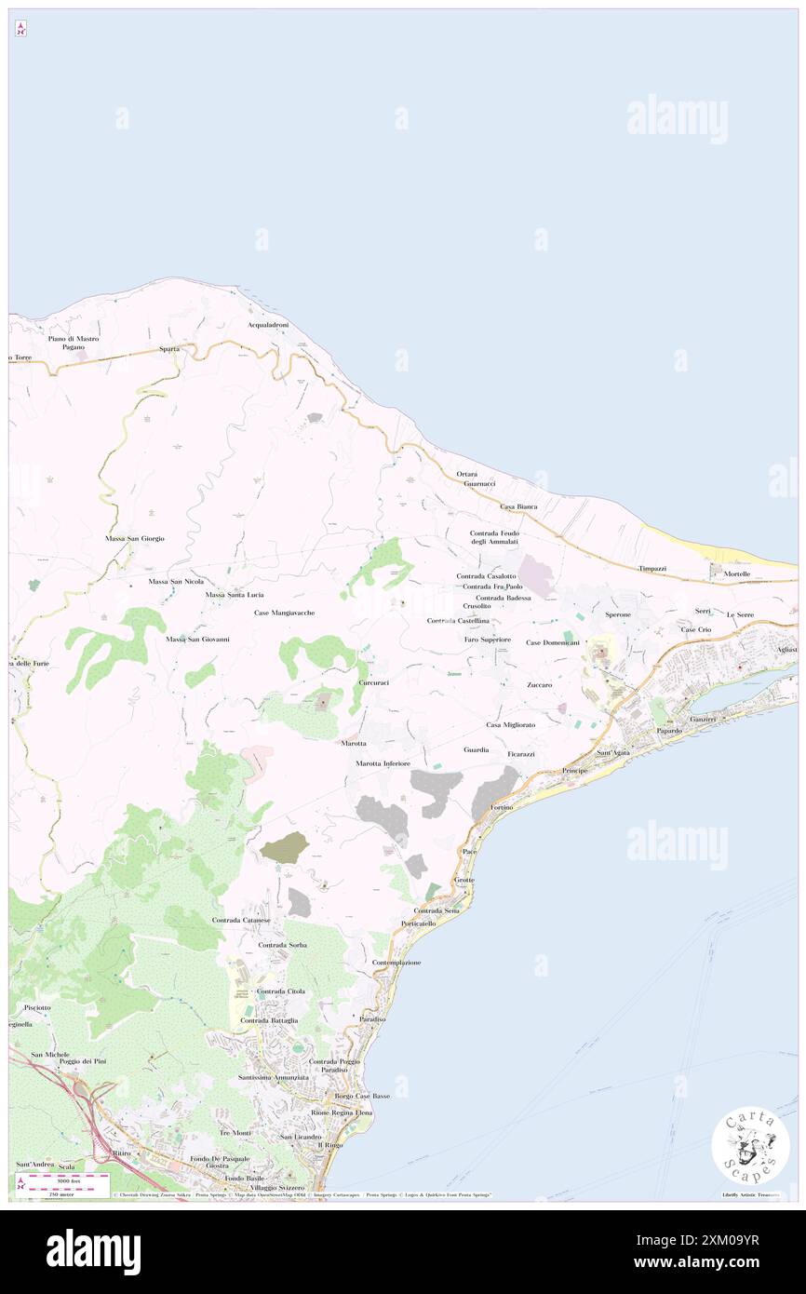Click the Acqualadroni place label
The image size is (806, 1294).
click(x=268, y=325)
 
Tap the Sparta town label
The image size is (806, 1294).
click(x=168, y=349)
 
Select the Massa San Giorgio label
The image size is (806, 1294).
click(x=134, y=538)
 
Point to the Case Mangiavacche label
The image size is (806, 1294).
click(x=284, y=613)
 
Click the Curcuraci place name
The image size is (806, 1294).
click(x=373, y=682)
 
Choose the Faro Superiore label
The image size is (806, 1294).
click(x=488, y=640)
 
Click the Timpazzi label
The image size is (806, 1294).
click(x=652, y=568)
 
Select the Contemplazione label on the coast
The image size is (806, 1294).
click(x=396, y=962)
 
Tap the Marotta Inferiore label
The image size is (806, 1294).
click(x=383, y=763)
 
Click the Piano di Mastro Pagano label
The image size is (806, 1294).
click(x=74, y=343)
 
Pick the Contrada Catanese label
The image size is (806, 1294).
click(x=241, y=920)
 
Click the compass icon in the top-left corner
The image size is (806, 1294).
click(x=20, y=30)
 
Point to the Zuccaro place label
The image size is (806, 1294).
click(x=539, y=684)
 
